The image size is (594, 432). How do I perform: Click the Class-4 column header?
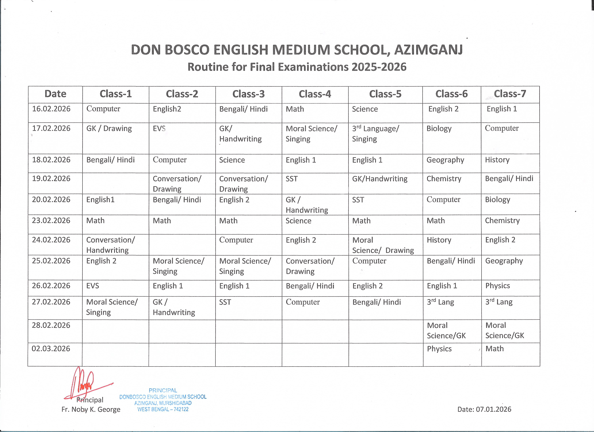pyautogui.click(x=315, y=94)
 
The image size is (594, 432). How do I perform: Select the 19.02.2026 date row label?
pyautogui.click(x=51, y=179)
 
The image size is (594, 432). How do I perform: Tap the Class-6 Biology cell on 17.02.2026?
pyautogui.click(x=439, y=129)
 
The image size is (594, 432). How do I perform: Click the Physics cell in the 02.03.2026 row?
pyautogui.click(x=439, y=349)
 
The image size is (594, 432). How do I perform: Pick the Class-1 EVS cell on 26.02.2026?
pyautogui.click(x=93, y=286)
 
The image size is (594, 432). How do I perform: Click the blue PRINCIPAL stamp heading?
pyautogui.click(x=163, y=390)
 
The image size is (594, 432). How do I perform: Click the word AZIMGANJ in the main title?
pyautogui.click(x=429, y=50)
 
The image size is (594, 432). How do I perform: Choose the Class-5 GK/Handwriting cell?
pyautogui.click(x=380, y=179)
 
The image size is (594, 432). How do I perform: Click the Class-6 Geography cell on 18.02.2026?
pyautogui.click(x=445, y=160)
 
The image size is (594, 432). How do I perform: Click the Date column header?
pyautogui.click(x=55, y=94)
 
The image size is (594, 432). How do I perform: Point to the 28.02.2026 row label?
pyautogui.click(x=51, y=325)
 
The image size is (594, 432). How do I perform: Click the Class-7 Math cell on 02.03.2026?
pyautogui.click(x=494, y=349)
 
